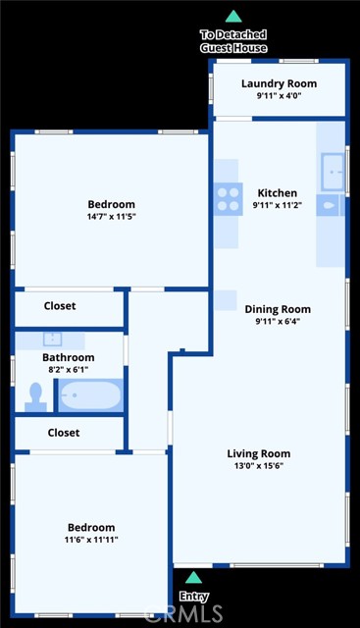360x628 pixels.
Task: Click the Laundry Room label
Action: (279, 83)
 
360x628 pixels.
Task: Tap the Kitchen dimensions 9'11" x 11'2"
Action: (277, 205)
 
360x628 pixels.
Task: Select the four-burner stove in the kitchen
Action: (228, 199)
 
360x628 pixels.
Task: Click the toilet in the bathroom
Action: (35, 397)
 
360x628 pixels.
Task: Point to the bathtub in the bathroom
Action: (90, 395)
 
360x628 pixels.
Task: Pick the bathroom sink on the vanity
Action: (52, 340)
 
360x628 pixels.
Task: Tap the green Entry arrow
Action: (193, 577)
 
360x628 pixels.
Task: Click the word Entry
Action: (194, 597)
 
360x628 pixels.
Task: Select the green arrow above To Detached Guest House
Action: (233, 16)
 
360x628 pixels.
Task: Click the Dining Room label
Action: (278, 309)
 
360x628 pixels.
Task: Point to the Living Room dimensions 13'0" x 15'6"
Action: (259, 466)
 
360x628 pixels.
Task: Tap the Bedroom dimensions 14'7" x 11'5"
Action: (112, 217)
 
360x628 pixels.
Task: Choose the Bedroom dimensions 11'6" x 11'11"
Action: (91, 540)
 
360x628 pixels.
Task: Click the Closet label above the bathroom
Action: (60, 306)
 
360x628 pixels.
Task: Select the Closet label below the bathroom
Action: (64, 433)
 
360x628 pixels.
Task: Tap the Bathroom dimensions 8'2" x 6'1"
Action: (69, 370)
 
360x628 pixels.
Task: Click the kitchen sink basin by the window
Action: (333, 172)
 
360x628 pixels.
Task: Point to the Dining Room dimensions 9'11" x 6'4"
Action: (278, 321)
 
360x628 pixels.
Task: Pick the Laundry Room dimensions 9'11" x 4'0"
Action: (279, 96)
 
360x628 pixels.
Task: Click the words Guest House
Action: (233, 48)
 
